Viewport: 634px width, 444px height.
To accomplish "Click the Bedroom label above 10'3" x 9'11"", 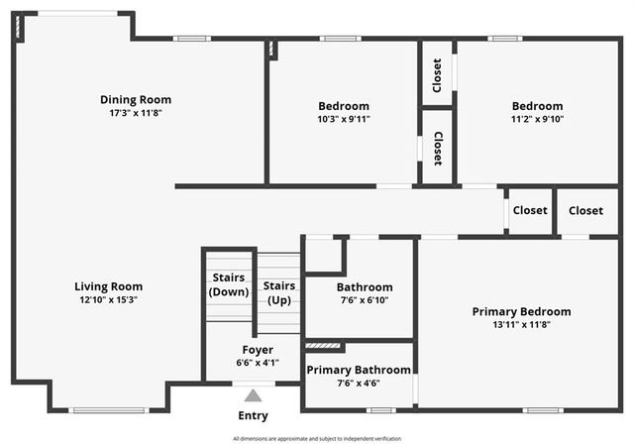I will [344, 106].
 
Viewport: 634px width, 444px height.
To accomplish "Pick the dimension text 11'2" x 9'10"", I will [537, 119].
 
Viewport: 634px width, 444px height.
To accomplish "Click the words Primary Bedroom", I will [521, 311].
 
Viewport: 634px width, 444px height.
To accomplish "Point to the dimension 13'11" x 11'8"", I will [521, 324].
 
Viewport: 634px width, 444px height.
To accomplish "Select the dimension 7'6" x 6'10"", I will [365, 300].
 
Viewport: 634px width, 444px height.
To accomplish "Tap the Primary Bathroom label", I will [358, 370].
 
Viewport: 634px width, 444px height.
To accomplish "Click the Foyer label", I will [258, 350].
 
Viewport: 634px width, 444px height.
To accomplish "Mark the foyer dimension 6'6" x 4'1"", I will [258, 363].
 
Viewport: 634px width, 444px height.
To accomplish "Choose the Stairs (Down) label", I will [229, 284].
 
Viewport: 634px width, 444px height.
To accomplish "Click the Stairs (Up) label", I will [278, 292].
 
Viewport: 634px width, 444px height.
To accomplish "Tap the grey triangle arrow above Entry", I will [254, 395].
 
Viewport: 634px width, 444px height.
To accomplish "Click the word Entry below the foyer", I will [254, 415].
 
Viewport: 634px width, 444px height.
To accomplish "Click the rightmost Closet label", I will [585, 210].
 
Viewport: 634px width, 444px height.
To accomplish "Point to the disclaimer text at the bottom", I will [317, 438].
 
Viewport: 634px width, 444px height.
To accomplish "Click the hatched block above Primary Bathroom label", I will [322, 346].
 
